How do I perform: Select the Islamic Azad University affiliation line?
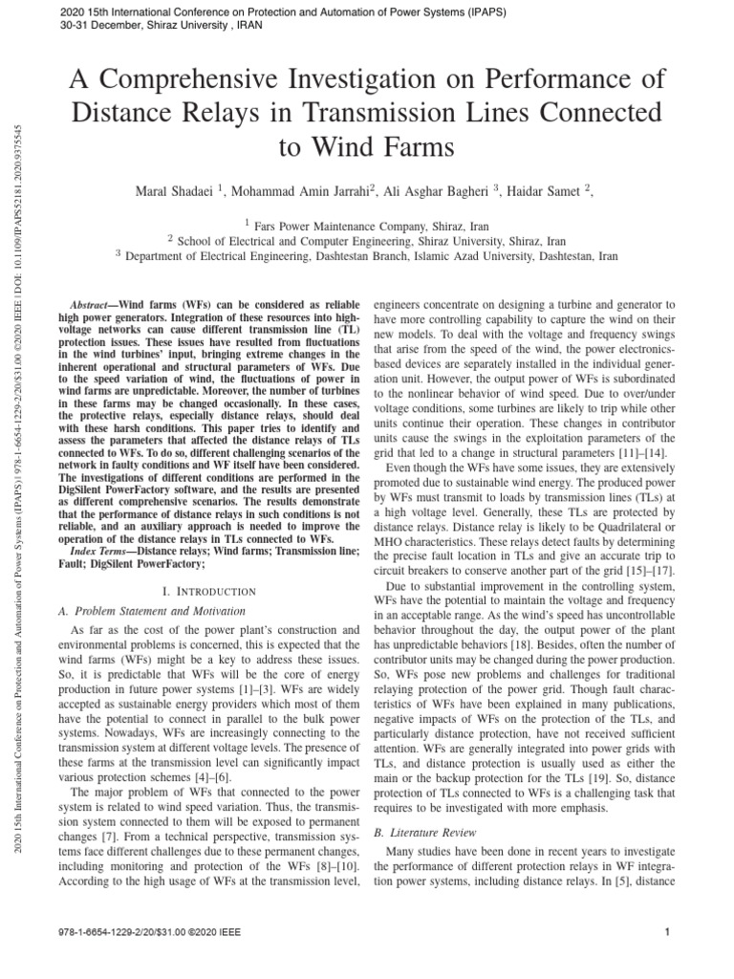[x=367, y=256]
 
